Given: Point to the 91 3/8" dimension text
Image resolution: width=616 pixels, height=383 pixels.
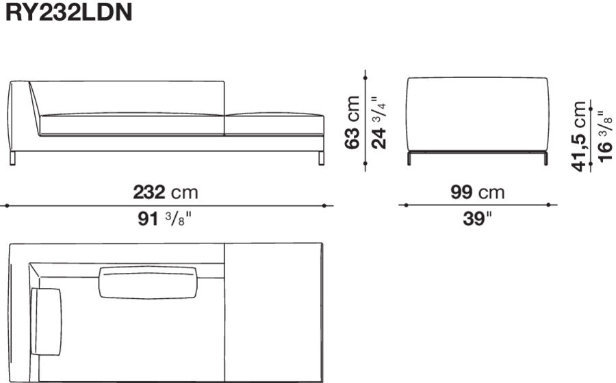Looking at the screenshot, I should pyautogui.click(x=166, y=220).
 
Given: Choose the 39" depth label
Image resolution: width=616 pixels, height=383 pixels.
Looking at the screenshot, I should pyautogui.click(x=478, y=220).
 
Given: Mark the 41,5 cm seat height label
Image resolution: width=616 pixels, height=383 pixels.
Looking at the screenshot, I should pyautogui.click(x=580, y=136).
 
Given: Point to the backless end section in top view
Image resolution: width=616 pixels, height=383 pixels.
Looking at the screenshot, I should pyautogui.click(x=272, y=311).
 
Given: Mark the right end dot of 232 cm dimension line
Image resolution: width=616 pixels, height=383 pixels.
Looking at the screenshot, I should pyautogui.click(x=326, y=204).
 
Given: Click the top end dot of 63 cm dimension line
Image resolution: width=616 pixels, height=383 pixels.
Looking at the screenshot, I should pyautogui.click(x=366, y=71).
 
